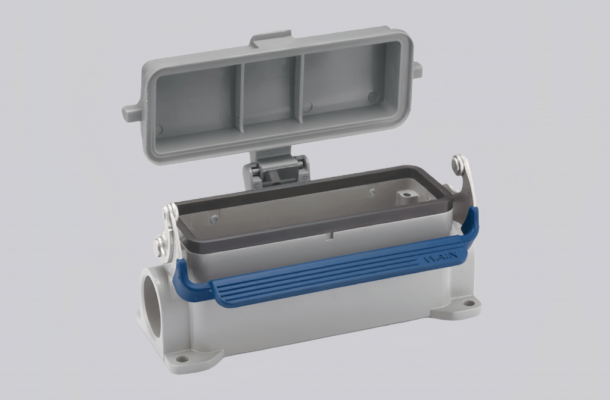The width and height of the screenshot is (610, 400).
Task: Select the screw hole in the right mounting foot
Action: coord(469,304)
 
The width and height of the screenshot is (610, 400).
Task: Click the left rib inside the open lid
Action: coord(240,98)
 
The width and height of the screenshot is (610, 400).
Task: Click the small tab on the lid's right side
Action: coord(418,70)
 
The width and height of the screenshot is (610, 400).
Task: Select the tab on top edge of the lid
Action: coord(271,38)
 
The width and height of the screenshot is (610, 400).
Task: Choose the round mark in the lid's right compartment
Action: coord(372,96)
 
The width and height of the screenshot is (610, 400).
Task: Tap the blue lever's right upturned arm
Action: coord(468,226)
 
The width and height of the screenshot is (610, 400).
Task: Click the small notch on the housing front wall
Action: coord(327,236)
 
